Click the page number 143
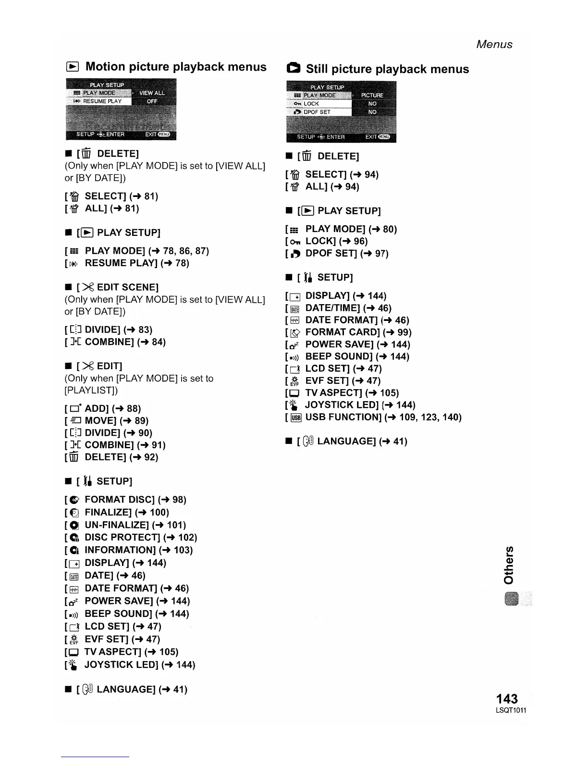coord(507,698)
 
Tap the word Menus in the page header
coord(494,44)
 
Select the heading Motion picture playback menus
coord(175,67)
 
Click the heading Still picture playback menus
coord(387,69)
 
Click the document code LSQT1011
coord(511,711)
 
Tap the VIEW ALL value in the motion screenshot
coord(152,93)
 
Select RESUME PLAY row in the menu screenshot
coord(102,101)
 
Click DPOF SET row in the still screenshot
coord(317,112)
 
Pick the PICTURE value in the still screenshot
coord(372,95)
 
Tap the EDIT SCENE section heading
coord(127,287)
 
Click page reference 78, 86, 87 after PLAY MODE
coord(186,251)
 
